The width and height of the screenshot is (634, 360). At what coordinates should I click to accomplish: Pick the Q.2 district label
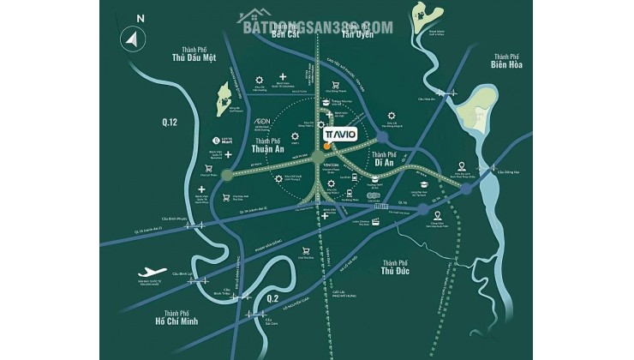(x=273, y=297)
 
